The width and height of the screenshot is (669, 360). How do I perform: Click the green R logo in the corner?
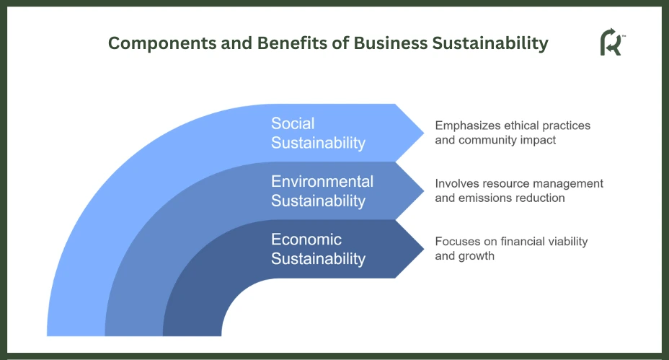click(x=612, y=42)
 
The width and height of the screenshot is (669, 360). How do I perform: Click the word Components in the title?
click(x=162, y=43)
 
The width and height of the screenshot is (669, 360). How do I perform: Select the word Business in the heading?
click(x=391, y=43)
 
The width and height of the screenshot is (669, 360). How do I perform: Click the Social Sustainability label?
click(x=319, y=133)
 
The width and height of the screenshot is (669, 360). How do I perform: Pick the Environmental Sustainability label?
click(x=322, y=191)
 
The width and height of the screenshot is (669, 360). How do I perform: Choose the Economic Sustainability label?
click(x=319, y=249)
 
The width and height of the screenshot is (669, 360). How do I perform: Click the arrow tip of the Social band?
click(x=424, y=133)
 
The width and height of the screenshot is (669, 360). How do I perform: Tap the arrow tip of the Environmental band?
click(x=424, y=191)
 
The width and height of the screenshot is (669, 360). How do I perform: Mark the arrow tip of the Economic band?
click(x=424, y=249)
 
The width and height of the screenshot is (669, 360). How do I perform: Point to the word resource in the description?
click(x=505, y=184)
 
